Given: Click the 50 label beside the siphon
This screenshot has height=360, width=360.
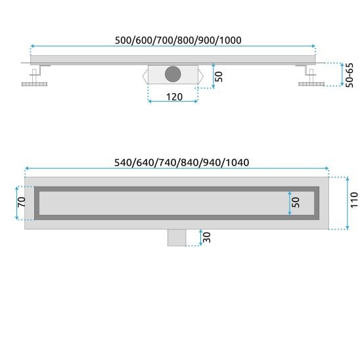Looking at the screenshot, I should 220,74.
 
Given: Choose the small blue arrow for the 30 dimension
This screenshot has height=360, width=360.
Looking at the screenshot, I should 200,237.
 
